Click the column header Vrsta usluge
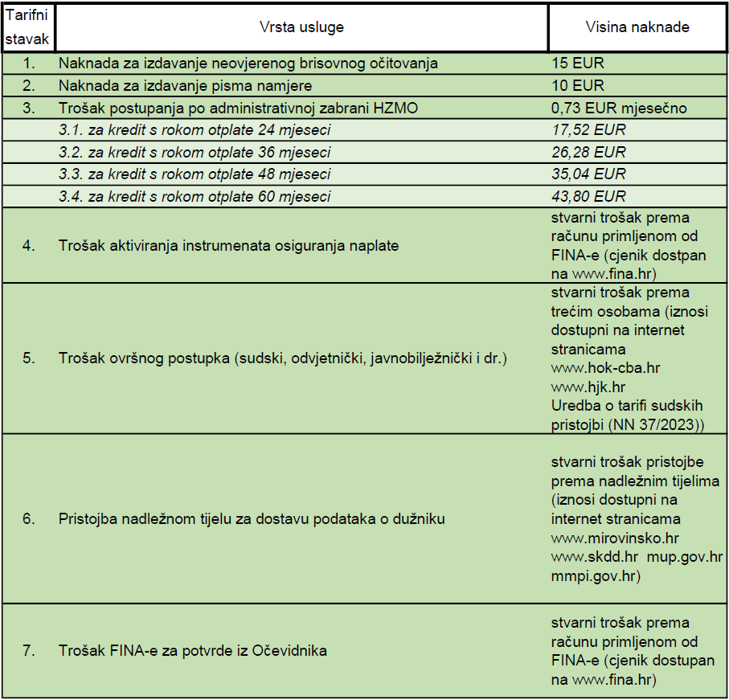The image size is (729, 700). click(301, 27)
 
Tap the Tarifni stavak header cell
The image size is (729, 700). click(28, 27)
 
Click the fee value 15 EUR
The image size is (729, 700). click(578, 63)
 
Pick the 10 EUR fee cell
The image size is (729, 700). click(578, 85)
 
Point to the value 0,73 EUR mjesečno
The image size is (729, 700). click(619, 108)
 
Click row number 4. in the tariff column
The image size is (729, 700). click(28, 246)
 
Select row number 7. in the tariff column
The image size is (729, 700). click(28, 651)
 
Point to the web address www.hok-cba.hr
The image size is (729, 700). click(605, 368)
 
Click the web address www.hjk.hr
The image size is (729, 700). click(588, 387)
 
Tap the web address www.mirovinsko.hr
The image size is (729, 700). click(615, 538)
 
